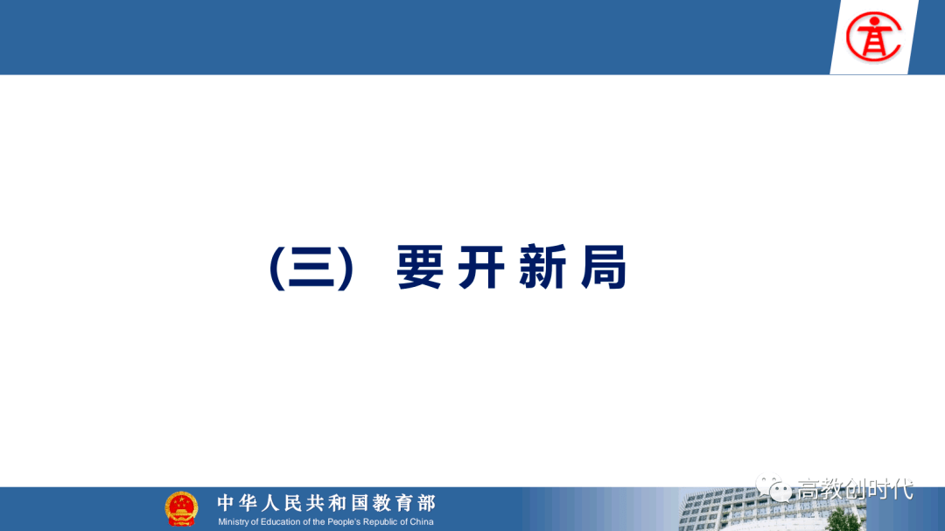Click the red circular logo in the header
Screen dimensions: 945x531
click(x=873, y=38)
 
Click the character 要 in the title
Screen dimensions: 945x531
click(x=420, y=268)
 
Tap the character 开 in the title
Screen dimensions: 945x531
click(x=481, y=268)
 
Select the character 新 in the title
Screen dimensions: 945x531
click(x=542, y=268)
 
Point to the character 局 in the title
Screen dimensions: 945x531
click(x=604, y=268)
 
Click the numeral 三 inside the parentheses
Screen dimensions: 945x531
click(x=311, y=268)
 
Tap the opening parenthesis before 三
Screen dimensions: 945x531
click(x=276, y=269)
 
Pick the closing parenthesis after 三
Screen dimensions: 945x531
click(x=346, y=269)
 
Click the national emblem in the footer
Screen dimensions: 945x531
click(x=181, y=509)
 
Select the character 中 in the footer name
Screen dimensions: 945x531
click(x=225, y=503)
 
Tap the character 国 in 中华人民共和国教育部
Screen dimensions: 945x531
click(x=360, y=503)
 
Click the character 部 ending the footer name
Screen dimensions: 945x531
click(x=427, y=503)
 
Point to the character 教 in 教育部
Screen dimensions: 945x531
click(x=381, y=503)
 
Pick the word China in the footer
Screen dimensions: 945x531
click(x=421, y=522)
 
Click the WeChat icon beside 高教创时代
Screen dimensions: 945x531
click(x=773, y=487)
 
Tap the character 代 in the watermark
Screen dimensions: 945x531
click(x=903, y=489)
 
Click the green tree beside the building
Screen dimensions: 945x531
click(x=843, y=520)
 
